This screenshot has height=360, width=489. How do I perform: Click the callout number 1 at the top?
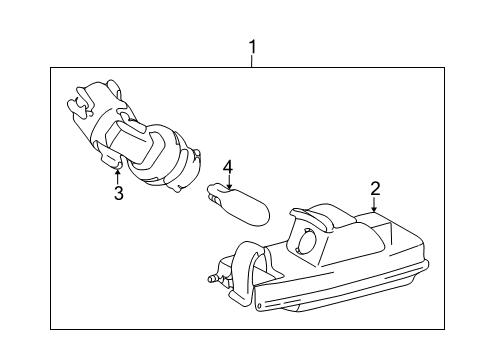click(252, 46)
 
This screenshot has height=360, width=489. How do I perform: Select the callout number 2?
click(375, 187)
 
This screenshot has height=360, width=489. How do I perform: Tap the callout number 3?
click(118, 193)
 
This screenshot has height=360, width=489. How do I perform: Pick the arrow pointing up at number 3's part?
click(118, 176)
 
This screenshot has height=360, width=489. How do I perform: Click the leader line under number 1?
click(252, 61)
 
